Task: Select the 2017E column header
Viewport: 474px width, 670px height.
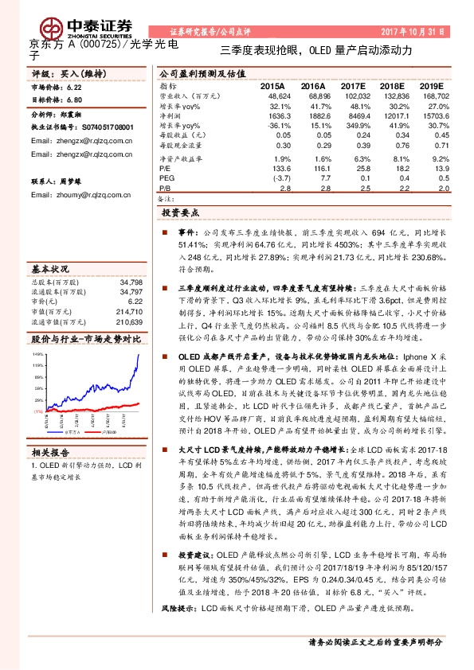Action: (351, 85)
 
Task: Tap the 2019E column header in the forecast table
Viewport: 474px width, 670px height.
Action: (432, 85)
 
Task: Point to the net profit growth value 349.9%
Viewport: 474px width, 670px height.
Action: (353, 126)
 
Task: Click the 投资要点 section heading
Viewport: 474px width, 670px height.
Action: (184, 214)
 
